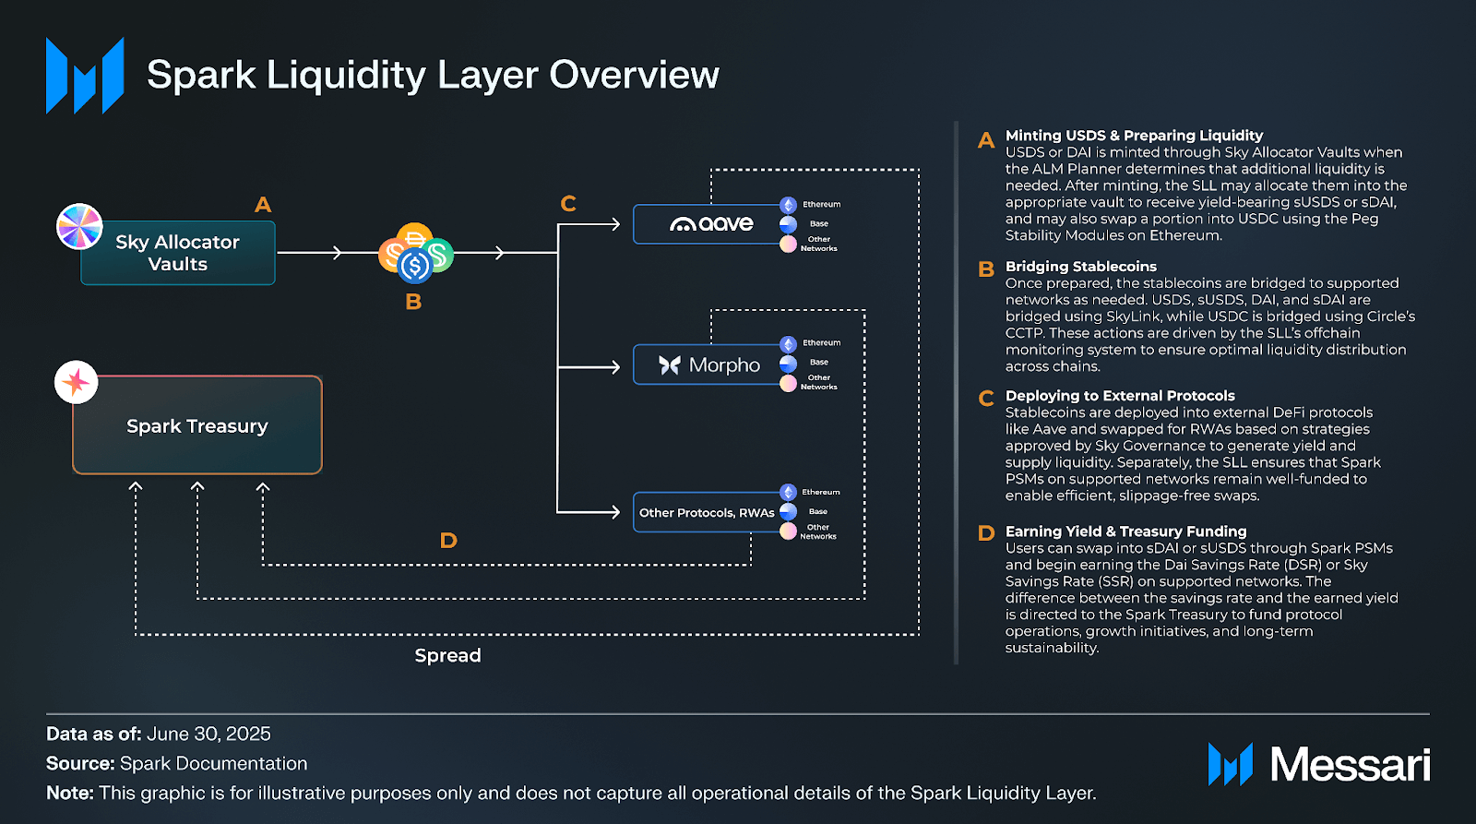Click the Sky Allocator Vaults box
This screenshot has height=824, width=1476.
(178, 253)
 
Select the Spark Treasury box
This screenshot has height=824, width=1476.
(197, 425)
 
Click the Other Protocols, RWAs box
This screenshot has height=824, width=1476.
(707, 513)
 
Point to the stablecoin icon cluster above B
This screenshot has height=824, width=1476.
(416, 253)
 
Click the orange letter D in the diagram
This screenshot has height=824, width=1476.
(448, 541)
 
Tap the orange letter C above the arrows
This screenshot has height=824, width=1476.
(568, 204)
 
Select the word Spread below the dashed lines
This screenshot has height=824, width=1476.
(447, 655)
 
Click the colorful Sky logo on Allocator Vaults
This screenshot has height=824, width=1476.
(79, 227)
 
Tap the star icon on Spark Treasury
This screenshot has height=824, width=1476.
(77, 382)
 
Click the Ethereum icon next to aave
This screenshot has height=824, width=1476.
(788, 205)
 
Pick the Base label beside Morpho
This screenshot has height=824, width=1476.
(818, 363)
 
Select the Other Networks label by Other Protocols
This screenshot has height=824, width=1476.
(817, 531)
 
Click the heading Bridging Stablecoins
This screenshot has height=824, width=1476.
(1080, 267)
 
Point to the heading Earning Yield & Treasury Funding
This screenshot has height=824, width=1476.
(1125, 531)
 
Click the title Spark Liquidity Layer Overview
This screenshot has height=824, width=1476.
(433, 75)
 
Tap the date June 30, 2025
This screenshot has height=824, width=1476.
(208, 734)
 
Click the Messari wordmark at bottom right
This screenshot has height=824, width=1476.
(1350, 765)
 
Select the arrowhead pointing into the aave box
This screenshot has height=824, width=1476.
(615, 224)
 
